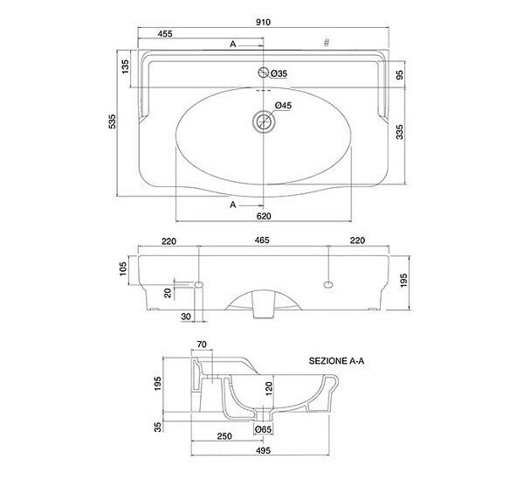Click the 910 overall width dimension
tap(263, 22)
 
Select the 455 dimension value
tap(165, 33)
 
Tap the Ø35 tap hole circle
tap(264, 73)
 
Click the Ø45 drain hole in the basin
tap(264, 122)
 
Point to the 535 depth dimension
tap(113, 122)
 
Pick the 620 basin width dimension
tap(264, 216)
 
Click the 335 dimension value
tap(399, 132)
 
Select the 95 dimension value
tap(399, 75)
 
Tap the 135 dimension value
tap(125, 66)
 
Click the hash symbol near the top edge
tap(327, 43)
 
